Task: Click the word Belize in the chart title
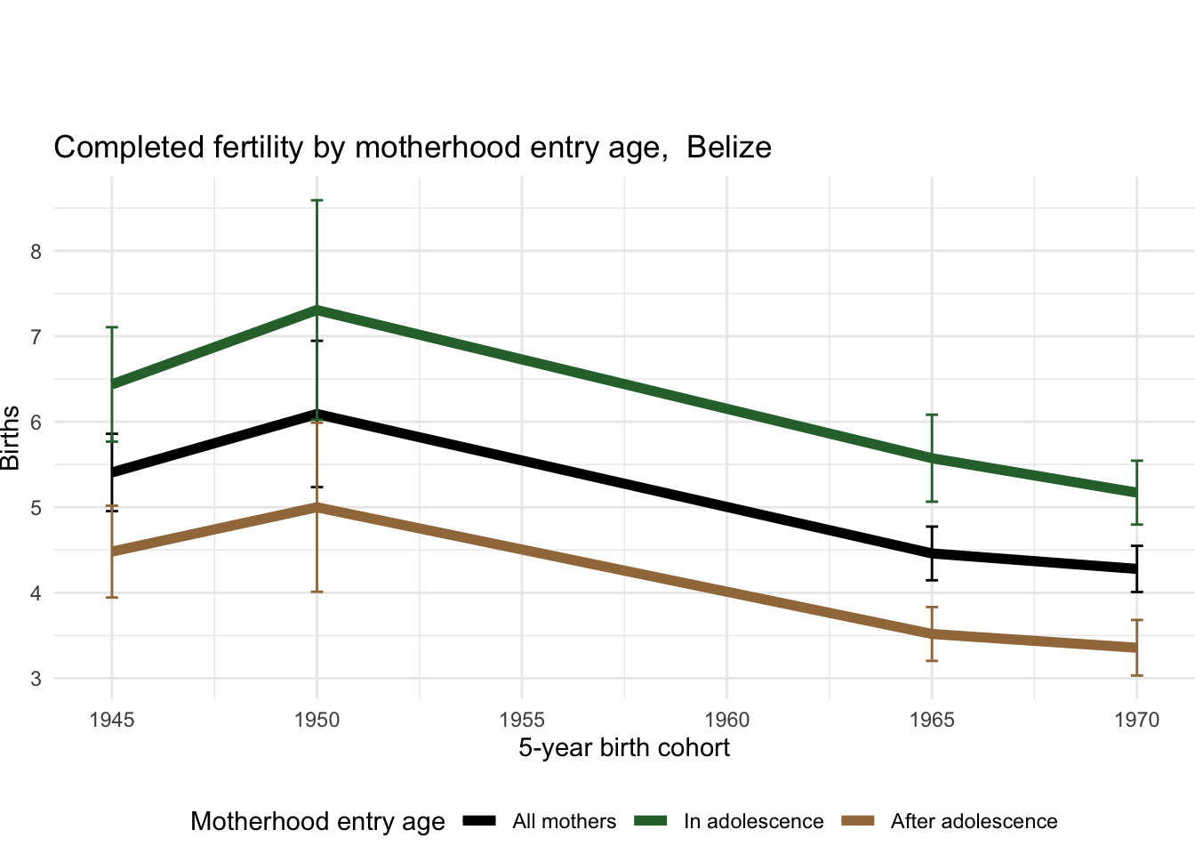pos(729,147)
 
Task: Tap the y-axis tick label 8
pos(36,251)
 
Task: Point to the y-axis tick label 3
pos(36,679)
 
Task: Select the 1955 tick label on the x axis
pos(522,720)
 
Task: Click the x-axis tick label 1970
pos(1137,720)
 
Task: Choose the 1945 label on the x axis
pos(112,720)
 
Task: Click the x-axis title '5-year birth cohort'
pos(624,748)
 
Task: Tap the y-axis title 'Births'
pos(11,438)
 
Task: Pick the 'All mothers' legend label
pos(564,822)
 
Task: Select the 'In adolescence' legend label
pos(753,822)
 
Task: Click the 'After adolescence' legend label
pos(974,822)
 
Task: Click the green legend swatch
pos(650,821)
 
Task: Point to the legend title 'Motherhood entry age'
pos(317,822)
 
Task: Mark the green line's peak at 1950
pos(317,309)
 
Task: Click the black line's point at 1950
pos(317,413)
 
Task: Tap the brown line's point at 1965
pos(932,633)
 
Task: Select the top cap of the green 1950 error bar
pos(317,201)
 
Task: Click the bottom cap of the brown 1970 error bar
pos(1137,675)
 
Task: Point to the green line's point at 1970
pos(1137,492)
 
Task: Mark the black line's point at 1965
pos(932,552)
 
